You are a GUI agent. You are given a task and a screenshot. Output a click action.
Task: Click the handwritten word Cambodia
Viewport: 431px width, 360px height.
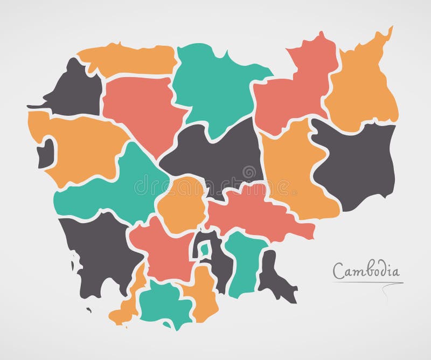click(x=366, y=270)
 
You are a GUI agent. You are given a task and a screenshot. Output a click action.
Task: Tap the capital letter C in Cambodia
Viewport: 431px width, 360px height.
click(x=338, y=271)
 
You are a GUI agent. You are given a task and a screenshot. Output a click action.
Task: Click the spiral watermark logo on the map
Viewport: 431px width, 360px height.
click(x=249, y=172)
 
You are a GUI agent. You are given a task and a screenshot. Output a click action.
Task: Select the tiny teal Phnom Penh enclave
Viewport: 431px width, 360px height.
click(x=205, y=250)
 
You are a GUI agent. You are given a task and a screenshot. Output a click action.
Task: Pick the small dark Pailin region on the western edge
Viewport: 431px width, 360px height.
click(x=45, y=151)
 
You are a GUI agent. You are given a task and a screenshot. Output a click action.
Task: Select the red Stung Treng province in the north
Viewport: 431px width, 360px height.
click(x=294, y=92)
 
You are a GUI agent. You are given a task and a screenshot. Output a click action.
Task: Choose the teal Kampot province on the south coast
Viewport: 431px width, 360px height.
click(x=164, y=304)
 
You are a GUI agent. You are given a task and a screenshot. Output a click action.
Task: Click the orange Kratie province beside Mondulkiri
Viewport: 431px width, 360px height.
click(x=294, y=172)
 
